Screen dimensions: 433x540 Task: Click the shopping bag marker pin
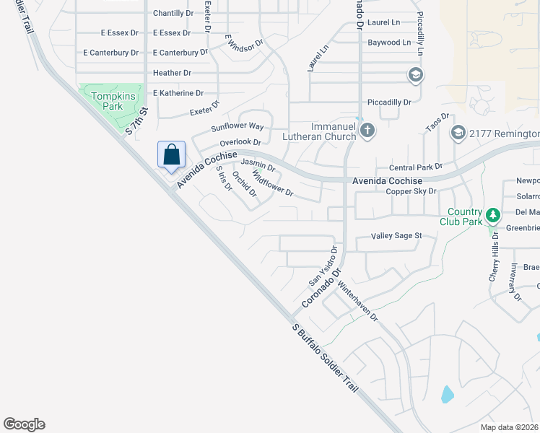click(171, 155)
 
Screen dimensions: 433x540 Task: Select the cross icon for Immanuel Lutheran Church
click(367, 131)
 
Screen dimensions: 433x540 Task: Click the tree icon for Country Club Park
click(493, 215)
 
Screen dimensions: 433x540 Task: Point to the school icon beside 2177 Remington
click(458, 134)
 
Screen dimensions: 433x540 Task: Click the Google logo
click(24, 424)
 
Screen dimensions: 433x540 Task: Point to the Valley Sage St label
click(396, 236)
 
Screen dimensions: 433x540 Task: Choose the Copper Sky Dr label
click(411, 191)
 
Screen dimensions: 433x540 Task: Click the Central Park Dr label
click(415, 167)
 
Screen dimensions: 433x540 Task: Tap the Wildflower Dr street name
click(273, 183)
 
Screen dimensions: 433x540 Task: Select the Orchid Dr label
click(245, 183)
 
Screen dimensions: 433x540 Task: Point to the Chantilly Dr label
click(173, 14)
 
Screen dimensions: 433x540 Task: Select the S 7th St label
click(136, 121)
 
